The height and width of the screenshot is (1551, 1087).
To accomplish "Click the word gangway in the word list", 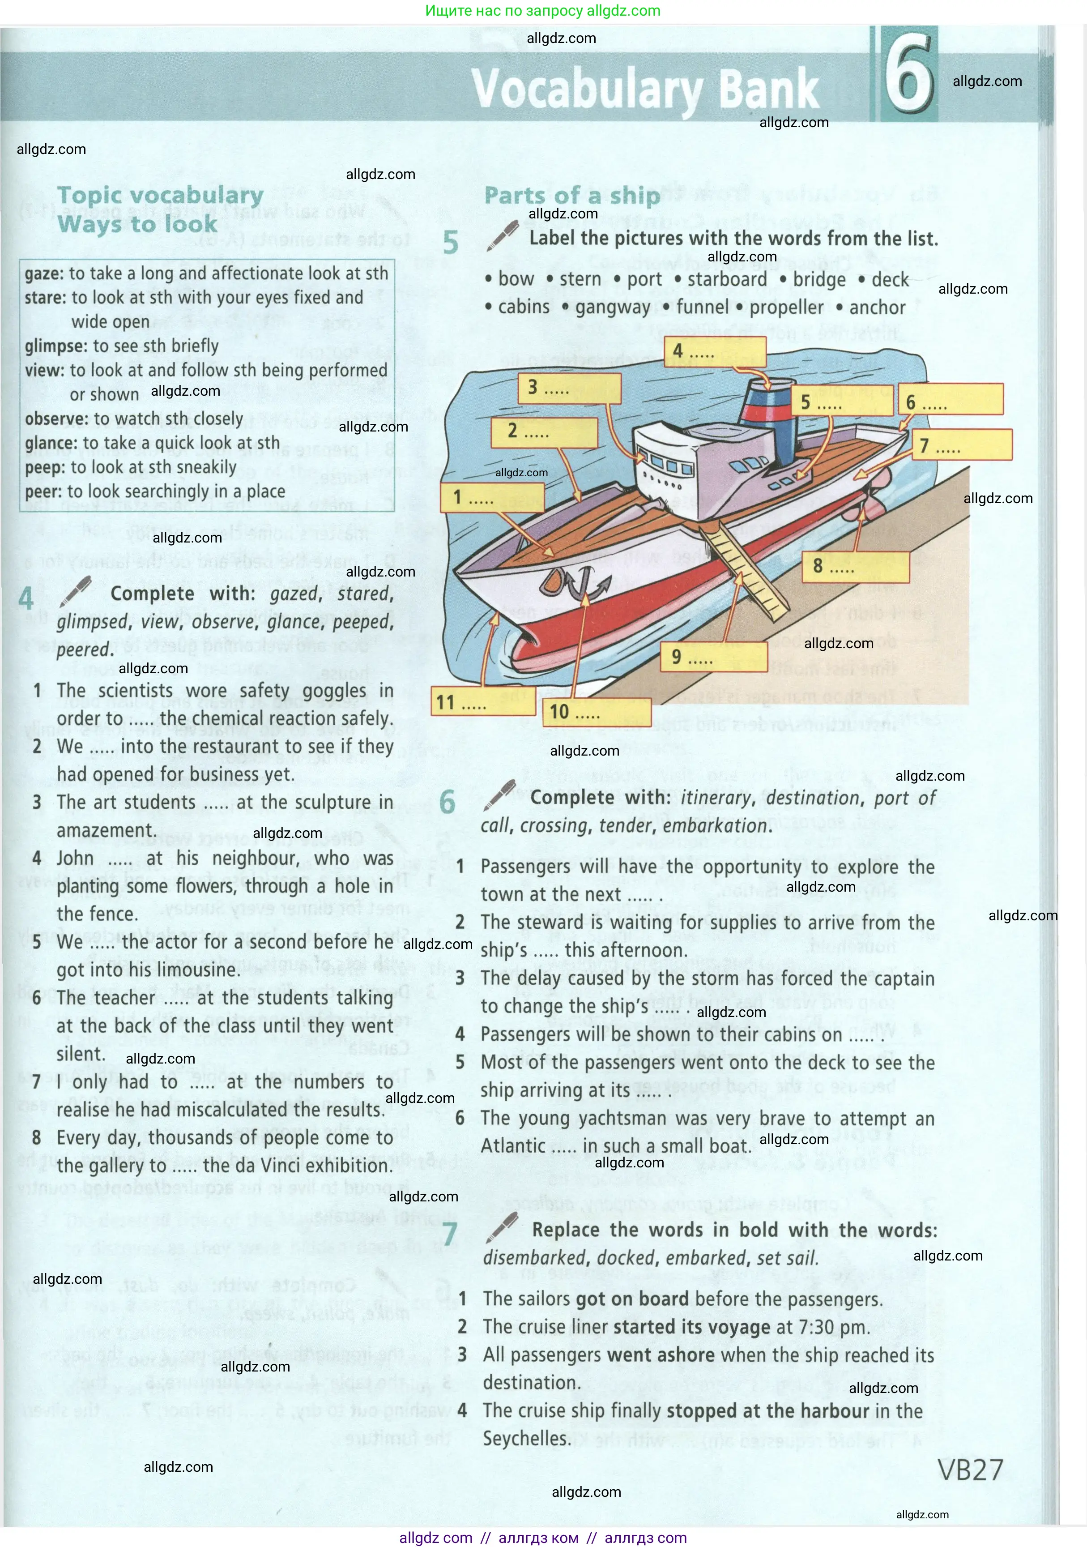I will [612, 308].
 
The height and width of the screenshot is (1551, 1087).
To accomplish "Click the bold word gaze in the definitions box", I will [43, 273].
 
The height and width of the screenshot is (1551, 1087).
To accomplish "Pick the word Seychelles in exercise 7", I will [527, 1439].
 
